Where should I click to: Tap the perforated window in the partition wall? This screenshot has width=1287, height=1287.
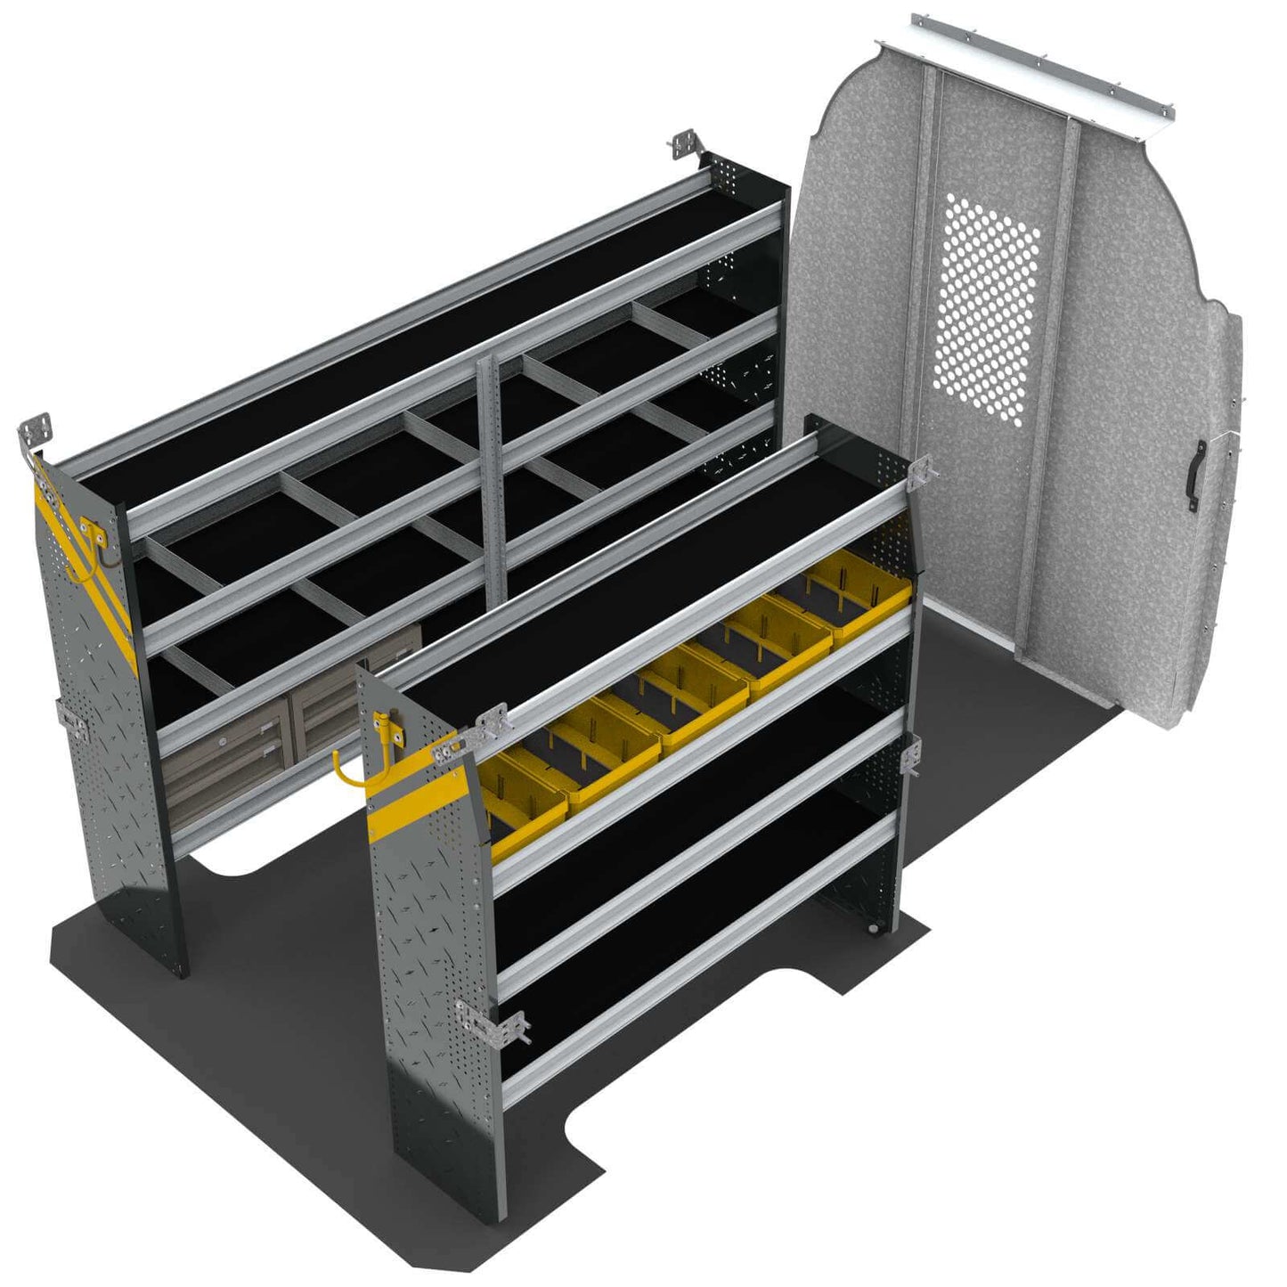(986, 307)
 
